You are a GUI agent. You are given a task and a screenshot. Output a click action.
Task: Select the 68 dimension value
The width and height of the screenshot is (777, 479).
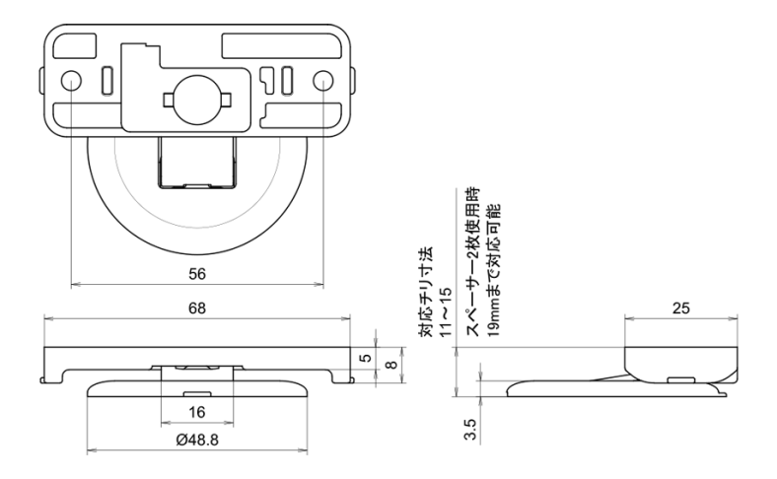(197, 308)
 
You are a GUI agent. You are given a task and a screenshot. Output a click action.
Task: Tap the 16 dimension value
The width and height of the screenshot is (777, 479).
(197, 411)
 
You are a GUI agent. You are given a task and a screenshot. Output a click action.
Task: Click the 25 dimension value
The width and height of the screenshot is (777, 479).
(679, 308)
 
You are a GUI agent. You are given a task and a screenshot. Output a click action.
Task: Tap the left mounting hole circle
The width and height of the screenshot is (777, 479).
(72, 80)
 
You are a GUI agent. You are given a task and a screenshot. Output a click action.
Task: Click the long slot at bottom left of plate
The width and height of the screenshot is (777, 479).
(87, 112)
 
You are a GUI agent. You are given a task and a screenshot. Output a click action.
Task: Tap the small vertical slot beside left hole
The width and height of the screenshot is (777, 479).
(106, 80)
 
